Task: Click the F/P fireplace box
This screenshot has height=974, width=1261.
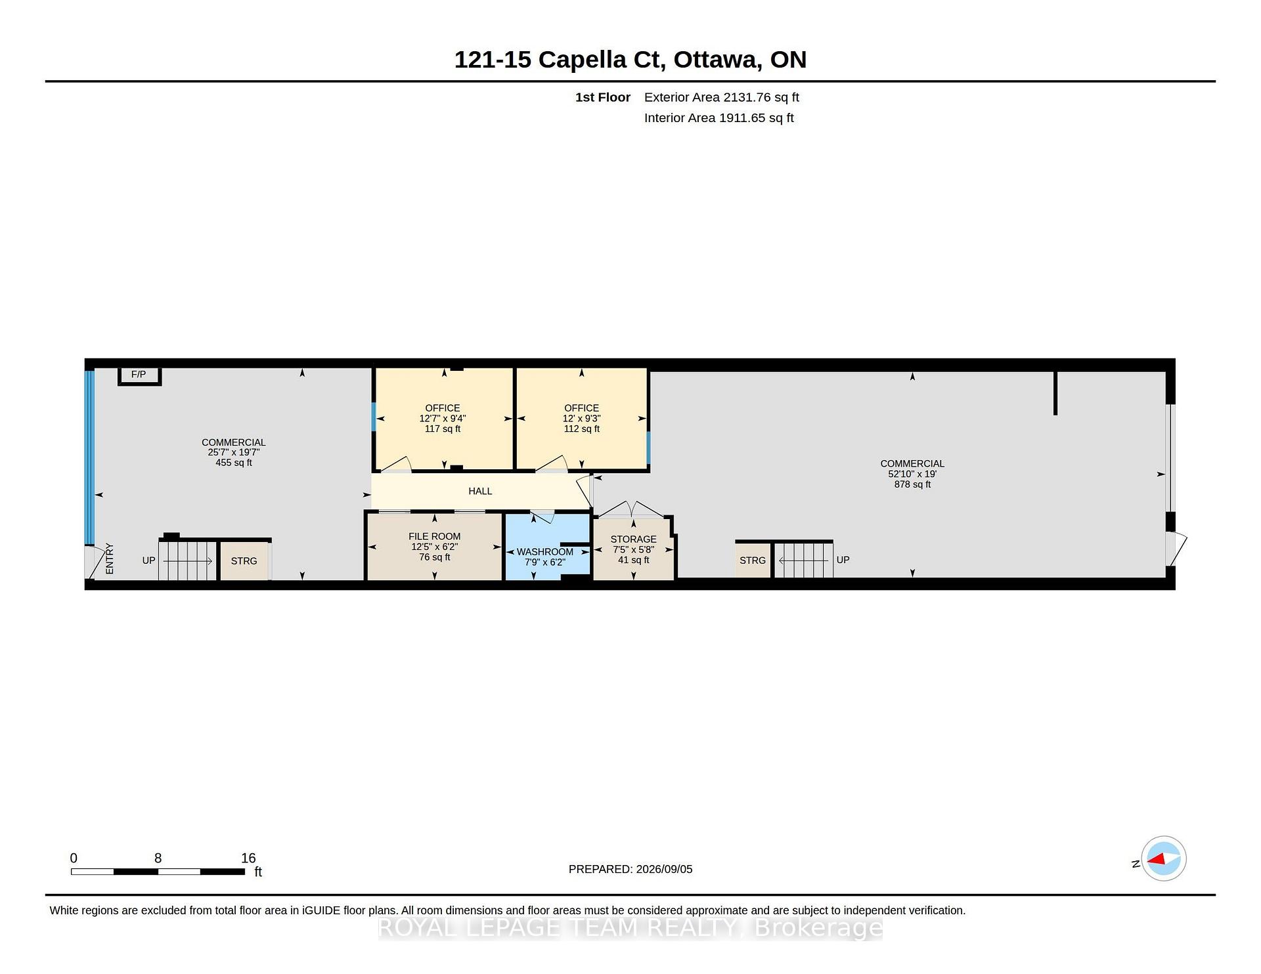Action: pos(139,375)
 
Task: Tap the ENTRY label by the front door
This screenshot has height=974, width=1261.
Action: pos(110,559)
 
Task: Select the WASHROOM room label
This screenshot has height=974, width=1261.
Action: pos(544,552)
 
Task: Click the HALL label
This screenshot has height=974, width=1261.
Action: pos(480,491)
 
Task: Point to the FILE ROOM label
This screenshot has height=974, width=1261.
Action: pos(434,536)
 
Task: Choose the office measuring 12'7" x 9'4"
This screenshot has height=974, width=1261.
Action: pos(443,419)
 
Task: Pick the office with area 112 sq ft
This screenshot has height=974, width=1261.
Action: pos(582,419)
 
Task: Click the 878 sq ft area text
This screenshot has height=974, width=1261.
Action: pos(912,484)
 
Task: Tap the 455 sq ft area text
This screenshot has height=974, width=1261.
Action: pos(234,463)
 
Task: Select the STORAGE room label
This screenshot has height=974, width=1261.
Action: pos(633,539)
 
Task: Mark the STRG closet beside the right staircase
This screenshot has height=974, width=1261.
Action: pos(753,561)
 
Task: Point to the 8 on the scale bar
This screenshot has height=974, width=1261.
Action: pos(158,858)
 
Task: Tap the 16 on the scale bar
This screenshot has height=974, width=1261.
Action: pos(248,858)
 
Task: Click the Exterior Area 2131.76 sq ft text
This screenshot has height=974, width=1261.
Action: pos(721,97)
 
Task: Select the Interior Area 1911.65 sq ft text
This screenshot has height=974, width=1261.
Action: pos(719,118)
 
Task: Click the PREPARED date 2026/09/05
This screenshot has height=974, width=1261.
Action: pos(664,869)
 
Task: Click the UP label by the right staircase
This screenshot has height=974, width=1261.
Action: pos(843,560)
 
